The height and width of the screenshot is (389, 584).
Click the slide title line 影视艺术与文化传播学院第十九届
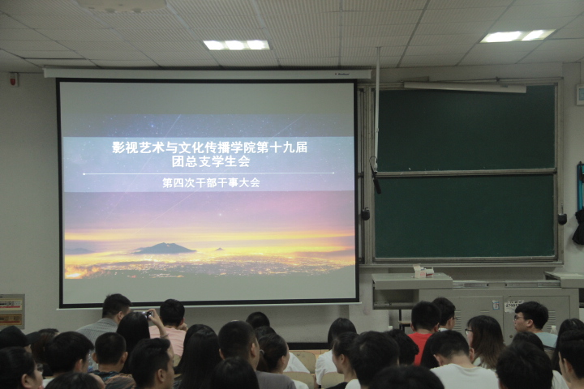(210, 147)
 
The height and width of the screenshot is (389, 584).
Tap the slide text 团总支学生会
(210, 161)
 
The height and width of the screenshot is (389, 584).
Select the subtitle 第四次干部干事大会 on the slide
(211, 183)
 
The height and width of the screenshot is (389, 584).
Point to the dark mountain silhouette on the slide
(164, 248)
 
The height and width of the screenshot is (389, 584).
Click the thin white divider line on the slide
(208, 173)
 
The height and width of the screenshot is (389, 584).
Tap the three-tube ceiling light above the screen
(237, 45)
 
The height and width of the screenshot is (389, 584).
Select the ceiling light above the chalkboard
(517, 36)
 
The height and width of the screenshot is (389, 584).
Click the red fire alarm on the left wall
(14, 79)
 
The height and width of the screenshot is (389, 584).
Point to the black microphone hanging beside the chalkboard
(376, 178)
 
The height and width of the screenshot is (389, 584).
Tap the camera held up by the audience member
(148, 314)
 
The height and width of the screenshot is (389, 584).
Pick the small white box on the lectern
(423, 271)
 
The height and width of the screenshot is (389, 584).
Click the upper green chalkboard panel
(466, 128)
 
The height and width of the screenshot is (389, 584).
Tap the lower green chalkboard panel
(465, 216)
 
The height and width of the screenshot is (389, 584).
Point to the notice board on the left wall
(11, 311)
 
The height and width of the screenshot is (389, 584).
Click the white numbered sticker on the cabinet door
(514, 306)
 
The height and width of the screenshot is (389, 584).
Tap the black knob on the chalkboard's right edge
(562, 219)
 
